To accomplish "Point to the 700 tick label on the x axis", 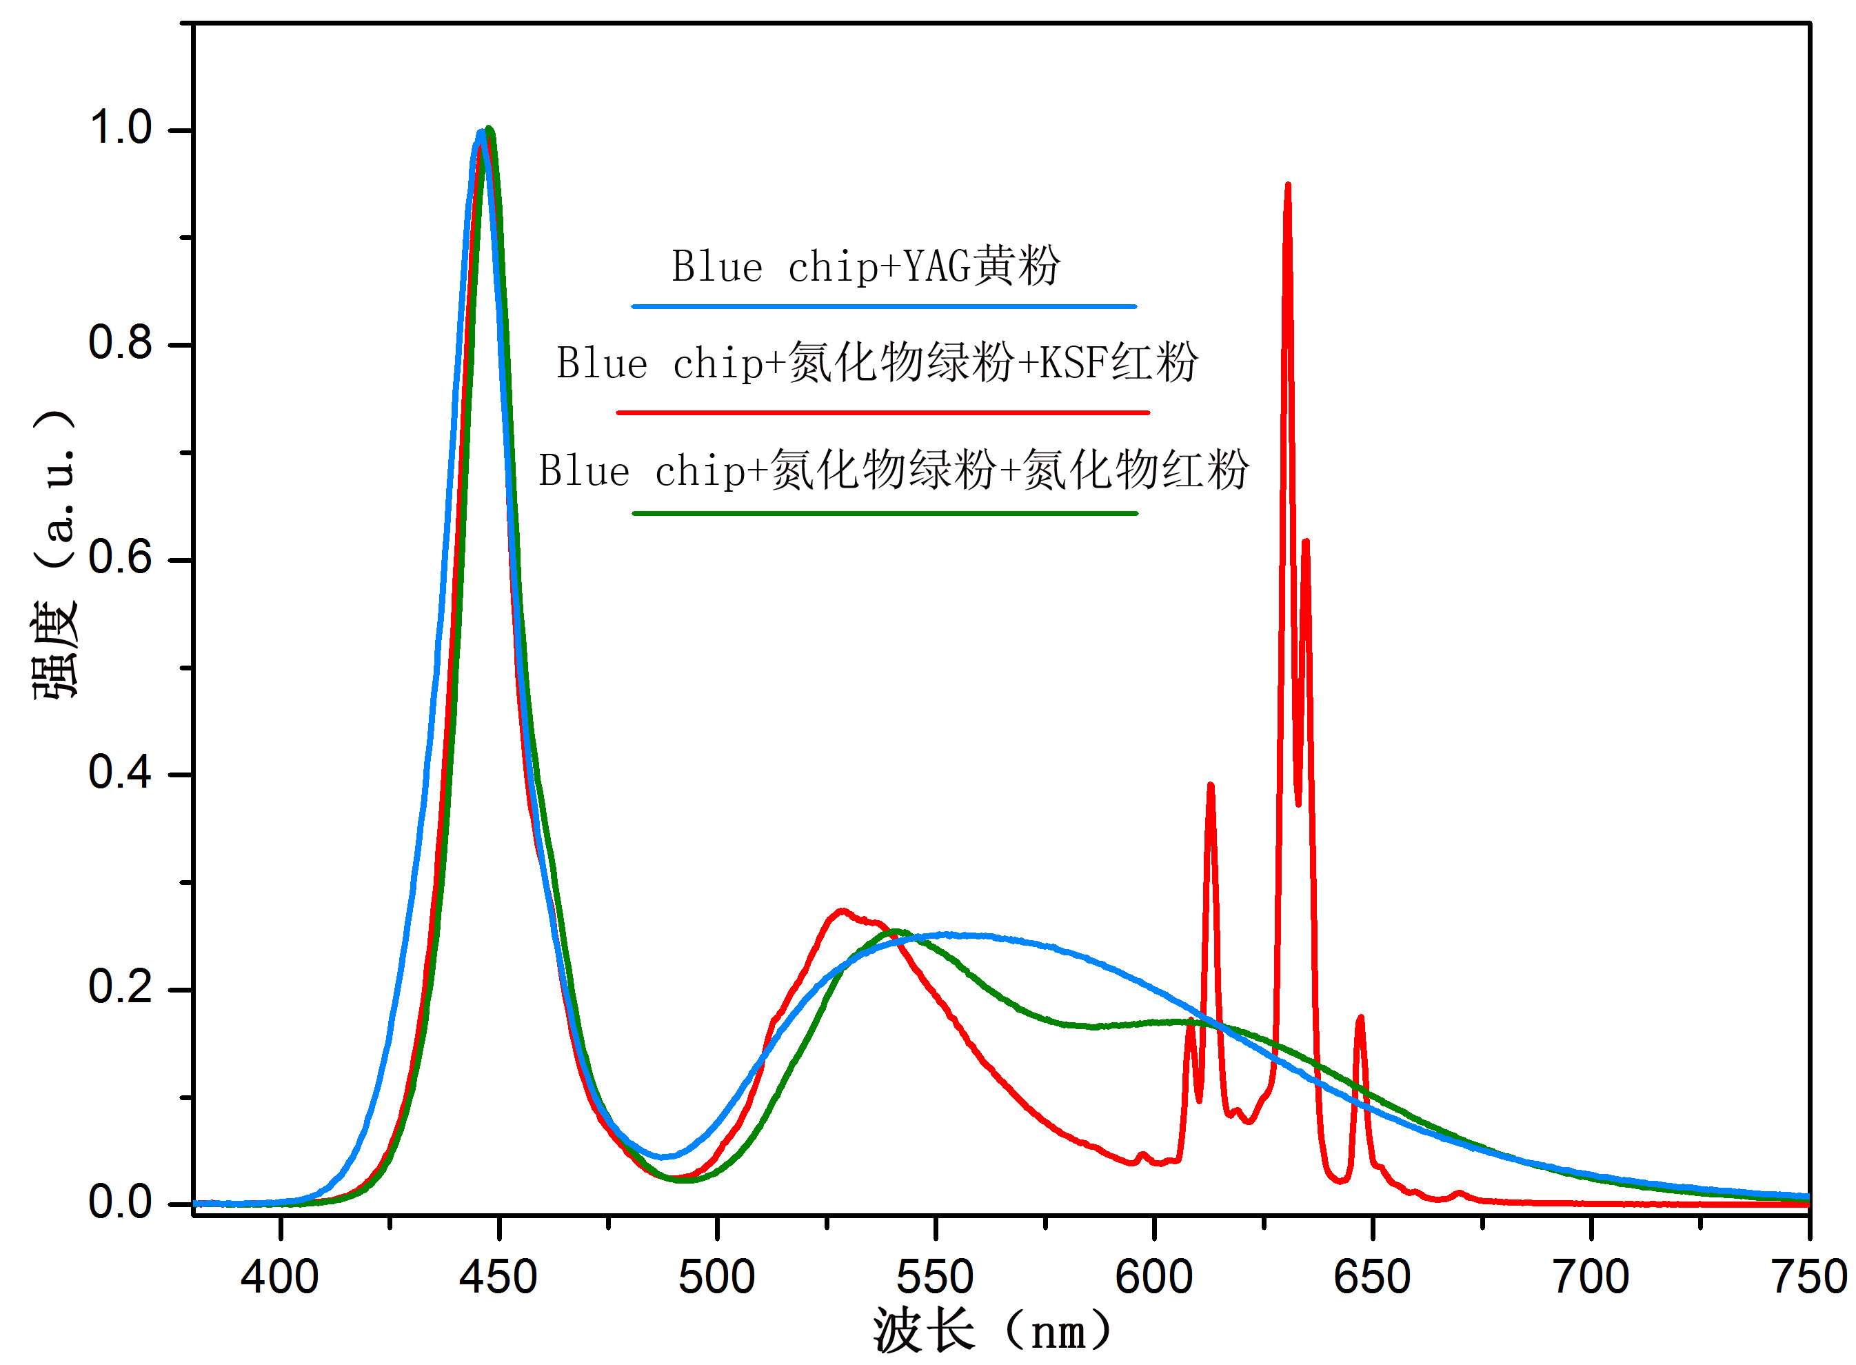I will click(1590, 1277).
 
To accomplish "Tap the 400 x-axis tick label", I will click(280, 1277).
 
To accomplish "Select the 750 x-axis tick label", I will click(1809, 1277).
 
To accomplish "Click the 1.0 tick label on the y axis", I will click(121, 128).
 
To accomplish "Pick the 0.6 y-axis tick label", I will click(121, 558).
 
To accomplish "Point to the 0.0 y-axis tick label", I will click(121, 1202).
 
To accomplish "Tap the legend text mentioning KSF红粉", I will click(876, 363).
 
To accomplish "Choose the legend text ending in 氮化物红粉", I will click(893, 470).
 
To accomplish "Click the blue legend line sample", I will click(884, 306).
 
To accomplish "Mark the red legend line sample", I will click(882, 412).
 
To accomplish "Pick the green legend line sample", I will click(885, 513).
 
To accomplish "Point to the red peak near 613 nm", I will click(1210, 786).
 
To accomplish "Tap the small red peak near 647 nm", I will click(1360, 1019).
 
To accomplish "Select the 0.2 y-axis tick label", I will click(121, 988).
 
